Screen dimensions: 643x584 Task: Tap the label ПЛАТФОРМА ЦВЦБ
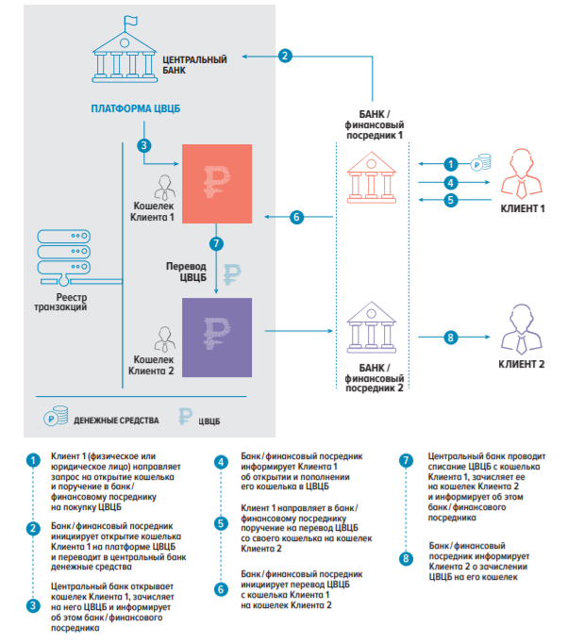coord(135,109)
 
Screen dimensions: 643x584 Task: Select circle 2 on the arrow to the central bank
coord(285,56)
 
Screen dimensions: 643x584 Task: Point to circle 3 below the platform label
coord(143,145)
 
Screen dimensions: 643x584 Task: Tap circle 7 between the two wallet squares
coord(218,242)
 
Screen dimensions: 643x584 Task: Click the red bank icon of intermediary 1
coord(369,176)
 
